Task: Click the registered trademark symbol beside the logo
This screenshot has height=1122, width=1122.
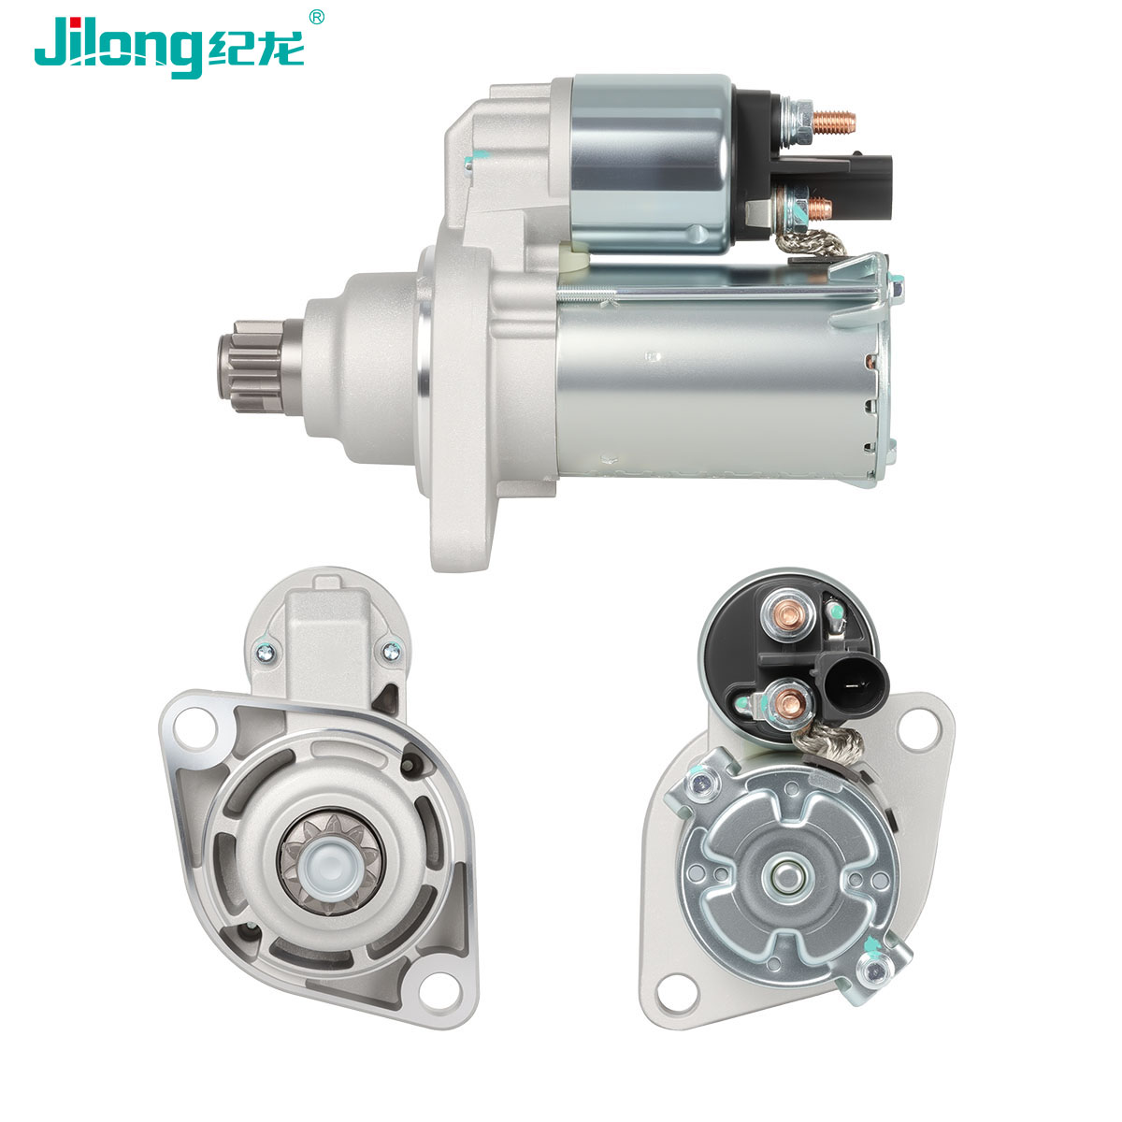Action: pyautogui.click(x=316, y=18)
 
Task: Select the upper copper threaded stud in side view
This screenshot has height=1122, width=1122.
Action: pyautogui.click(x=833, y=122)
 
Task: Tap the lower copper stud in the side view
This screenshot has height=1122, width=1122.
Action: pyautogui.click(x=820, y=207)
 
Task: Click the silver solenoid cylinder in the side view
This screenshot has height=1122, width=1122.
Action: pyautogui.click(x=651, y=164)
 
